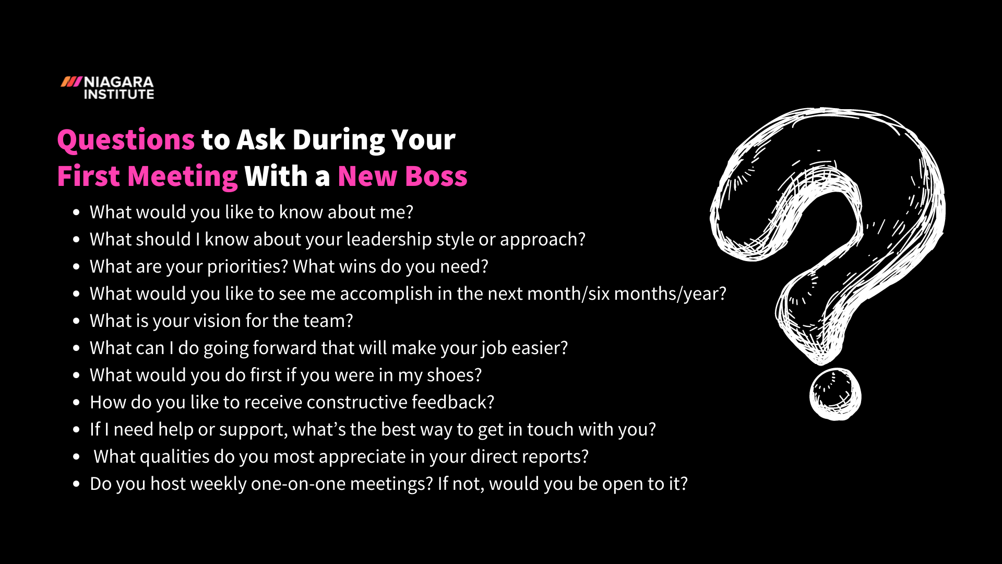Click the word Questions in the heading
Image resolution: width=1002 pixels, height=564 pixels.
coord(126,140)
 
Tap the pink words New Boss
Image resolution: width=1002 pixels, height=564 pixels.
coord(402,177)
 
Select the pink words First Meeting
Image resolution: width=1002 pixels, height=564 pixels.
coord(148,177)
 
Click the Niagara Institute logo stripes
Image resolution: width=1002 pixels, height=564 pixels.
coord(71,81)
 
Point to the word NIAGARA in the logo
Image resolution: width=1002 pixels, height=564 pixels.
coord(119,83)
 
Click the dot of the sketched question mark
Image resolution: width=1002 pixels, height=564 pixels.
coord(834,394)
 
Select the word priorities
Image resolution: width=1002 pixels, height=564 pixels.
coord(247,267)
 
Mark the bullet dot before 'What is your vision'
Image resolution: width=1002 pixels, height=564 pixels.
coord(77,321)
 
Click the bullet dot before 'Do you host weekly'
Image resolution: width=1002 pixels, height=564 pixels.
coord(77,484)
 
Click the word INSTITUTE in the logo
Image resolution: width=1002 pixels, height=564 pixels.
coord(119,95)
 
